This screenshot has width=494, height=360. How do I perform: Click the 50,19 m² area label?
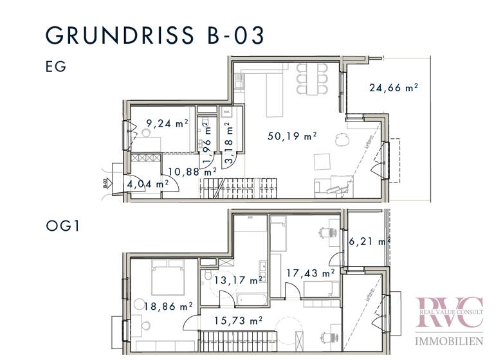click(x=293, y=136)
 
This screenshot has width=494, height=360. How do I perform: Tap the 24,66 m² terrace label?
click(x=394, y=89)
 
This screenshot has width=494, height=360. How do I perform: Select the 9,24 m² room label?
click(x=167, y=123)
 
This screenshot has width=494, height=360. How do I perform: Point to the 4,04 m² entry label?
click(x=148, y=184)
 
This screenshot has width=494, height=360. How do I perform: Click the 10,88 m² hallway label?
click(x=192, y=172)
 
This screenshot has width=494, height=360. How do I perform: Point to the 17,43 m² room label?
click(x=311, y=273)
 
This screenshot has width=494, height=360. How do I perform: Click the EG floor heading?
click(x=56, y=66)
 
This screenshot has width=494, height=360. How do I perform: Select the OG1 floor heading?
click(x=63, y=227)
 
